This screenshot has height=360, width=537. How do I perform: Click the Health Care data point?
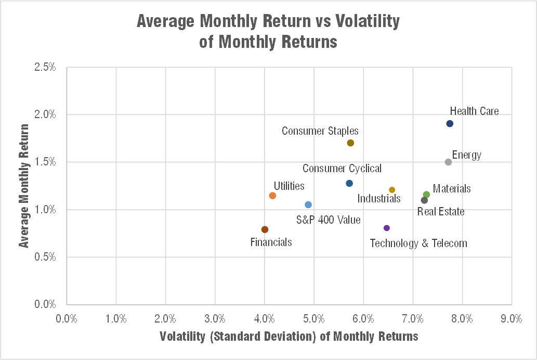pyautogui.click(x=450, y=124)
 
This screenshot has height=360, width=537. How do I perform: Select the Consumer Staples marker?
pyautogui.click(x=350, y=143)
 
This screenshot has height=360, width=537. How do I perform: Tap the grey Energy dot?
pyautogui.click(x=448, y=162)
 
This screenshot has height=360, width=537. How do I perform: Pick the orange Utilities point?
pyautogui.click(x=272, y=196)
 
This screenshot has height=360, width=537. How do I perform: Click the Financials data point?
pyautogui.click(x=265, y=229)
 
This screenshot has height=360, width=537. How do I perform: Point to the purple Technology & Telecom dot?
pyautogui.click(x=386, y=228)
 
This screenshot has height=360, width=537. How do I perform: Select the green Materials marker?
pyautogui.click(x=426, y=195)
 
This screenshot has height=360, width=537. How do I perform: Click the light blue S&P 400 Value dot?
pyautogui.click(x=308, y=205)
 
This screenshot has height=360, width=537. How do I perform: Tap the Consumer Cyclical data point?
pyautogui.click(x=349, y=184)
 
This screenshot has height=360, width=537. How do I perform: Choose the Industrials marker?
pyautogui.click(x=392, y=190)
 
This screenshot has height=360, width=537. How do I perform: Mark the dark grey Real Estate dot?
pyautogui.click(x=424, y=200)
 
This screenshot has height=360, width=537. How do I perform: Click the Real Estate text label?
pyautogui.click(x=441, y=212)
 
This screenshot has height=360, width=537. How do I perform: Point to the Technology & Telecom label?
pyautogui.click(x=418, y=243)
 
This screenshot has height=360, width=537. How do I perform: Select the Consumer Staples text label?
pyautogui.click(x=320, y=131)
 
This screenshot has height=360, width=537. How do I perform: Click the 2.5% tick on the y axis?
pyautogui.click(x=46, y=67)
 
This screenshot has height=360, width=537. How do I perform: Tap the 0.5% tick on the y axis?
pyautogui.click(x=46, y=257)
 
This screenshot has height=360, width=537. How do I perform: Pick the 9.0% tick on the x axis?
pyautogui.click(x=511, y=318)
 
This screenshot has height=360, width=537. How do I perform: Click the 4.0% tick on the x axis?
pyautogui.click(x=264, y=318)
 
